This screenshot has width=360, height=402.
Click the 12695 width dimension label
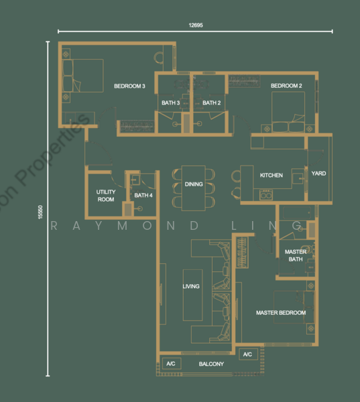point(196,25)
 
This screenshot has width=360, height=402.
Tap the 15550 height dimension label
point(40,212)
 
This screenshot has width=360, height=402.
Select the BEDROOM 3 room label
point(129,86)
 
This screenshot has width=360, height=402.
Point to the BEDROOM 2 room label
point(286,86)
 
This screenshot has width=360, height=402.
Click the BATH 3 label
point(170,103)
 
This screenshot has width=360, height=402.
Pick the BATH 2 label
point(211,103)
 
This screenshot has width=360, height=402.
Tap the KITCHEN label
point(272,176)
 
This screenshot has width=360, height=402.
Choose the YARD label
point(318,174)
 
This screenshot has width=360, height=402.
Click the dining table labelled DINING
point(194,188)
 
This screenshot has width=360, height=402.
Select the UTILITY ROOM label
point(106,196)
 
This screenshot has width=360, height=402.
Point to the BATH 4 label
point(143,196)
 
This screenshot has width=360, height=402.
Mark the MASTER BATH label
point(296,255)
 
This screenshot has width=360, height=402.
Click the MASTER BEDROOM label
point(281,313)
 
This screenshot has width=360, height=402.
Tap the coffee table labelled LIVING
point(192,295)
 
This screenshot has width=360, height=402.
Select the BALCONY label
point(211,364)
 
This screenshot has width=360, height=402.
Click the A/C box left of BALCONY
point(172,364)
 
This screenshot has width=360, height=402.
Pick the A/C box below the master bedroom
point(248,354)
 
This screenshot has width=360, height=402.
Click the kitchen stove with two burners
point(266,194)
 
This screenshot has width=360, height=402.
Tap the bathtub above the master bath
point(297,212)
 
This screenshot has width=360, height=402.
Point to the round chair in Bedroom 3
point(159,57)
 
